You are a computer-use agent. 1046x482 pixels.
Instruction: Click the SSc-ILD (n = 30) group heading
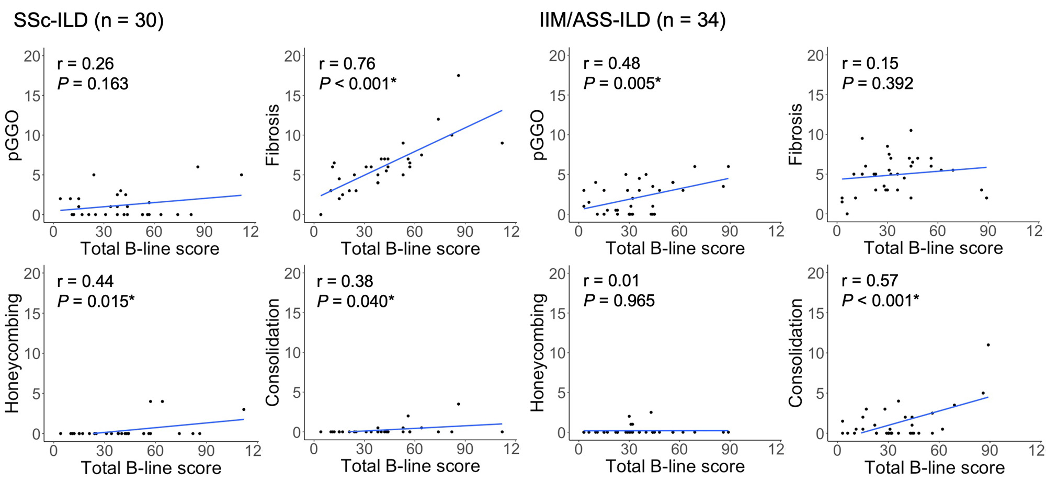(x=88, y=20)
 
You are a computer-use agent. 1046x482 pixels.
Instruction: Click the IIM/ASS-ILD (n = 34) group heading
(x=632, y=20)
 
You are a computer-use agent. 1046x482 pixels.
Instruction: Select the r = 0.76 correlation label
(x=347, y=64)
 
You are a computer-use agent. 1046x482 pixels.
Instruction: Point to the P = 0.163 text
(x=93, y=84)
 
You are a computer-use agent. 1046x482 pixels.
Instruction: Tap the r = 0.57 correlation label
(x=870, y=281)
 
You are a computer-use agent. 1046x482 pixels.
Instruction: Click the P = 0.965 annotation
(x=619, y=301)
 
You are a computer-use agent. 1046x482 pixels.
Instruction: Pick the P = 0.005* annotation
(x=622, y=83)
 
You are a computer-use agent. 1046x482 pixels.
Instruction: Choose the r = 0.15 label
(x=870, y=63)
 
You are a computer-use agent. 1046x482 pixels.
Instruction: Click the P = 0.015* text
(x=96, y=301)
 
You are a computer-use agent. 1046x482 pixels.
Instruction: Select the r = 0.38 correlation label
(x=345, y=281)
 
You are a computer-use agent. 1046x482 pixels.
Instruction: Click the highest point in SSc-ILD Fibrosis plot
(x=458, y=75)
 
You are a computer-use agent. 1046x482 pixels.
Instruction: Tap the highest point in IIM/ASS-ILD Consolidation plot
(x=988, y=345)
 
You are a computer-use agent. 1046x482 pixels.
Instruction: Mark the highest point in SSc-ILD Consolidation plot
(x=458, y=404)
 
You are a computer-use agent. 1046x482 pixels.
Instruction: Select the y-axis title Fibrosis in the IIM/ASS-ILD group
(x=795, y=134)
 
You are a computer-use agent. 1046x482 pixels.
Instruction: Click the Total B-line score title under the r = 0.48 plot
(x=675, y=248)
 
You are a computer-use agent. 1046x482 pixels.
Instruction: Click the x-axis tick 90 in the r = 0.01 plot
(x=729, y=450)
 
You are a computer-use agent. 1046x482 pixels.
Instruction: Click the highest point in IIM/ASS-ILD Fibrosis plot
(x=911, y=130)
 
